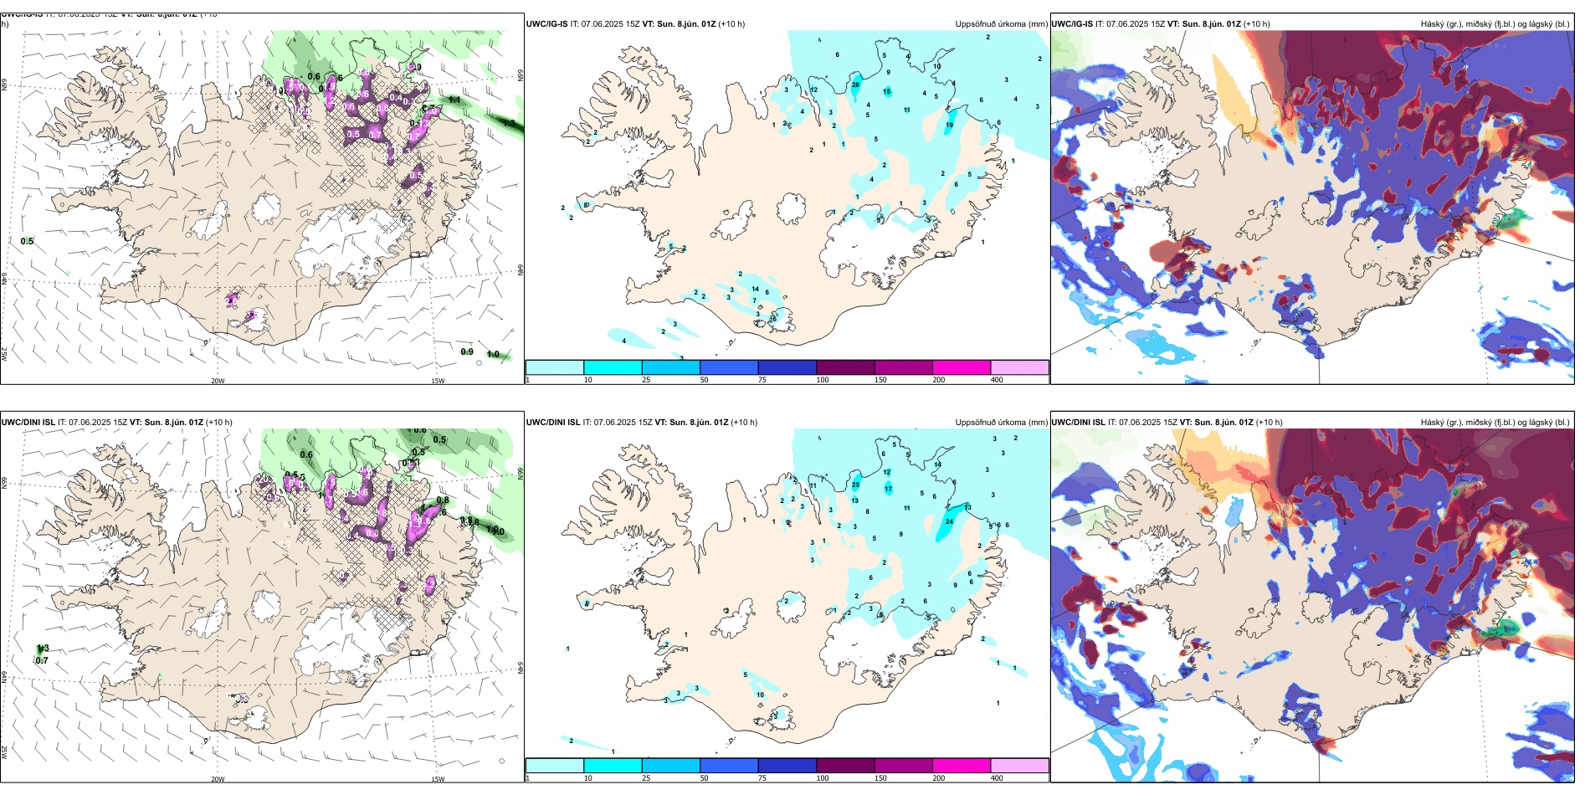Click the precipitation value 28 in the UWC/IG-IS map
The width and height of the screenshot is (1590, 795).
[x=855, y=85]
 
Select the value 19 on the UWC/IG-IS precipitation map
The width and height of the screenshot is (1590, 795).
[x=949, y=126]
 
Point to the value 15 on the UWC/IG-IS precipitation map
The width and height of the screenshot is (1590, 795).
[x=887, y=92]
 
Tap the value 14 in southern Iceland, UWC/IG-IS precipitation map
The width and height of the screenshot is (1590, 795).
[x=755, y=290]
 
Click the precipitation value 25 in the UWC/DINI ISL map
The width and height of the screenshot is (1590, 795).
[x=855, y=485]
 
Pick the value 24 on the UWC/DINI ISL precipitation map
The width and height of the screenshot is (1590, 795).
[x=949, y=521]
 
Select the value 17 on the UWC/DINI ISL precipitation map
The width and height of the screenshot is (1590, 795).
[x=888, y=489]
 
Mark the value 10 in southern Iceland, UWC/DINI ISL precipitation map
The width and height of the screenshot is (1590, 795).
[x=760, y=695]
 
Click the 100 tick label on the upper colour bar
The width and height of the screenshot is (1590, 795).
[x=823, y=380]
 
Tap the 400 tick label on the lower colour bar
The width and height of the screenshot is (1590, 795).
[x=997, y=778]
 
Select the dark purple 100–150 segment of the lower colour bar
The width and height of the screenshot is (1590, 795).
[x=845, y=766]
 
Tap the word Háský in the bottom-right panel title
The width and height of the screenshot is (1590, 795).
[x=1433, y=423]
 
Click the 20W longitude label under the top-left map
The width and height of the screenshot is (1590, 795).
[x=218, y=381]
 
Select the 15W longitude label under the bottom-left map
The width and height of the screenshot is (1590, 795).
[x=438, y=779]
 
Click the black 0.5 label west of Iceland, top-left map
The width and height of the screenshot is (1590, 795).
[x=28, y=241]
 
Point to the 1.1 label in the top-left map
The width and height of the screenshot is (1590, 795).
[x=454, y=100]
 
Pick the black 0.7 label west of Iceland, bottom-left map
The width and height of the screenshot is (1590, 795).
[x=42, y=661]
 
